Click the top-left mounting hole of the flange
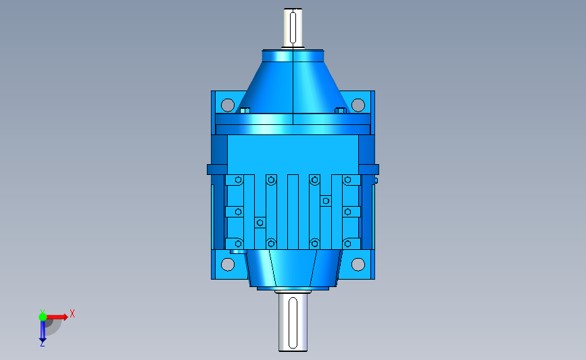[x=228, y=105]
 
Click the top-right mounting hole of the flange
[x=358, y=105]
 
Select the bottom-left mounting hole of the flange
[x=228, y=264]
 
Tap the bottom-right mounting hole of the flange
[x=358, y=264]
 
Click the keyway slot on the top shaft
[x=293, y=28]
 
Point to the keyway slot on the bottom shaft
[x=293, y=324]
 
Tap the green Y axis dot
[x=43, y=317]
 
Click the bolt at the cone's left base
[x=245, y=111]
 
